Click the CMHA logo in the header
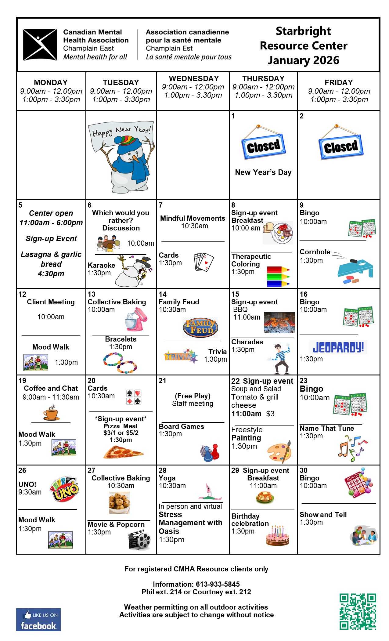tap(40, 45)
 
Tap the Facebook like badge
tap(38, 620)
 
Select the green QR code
tap(358, 611)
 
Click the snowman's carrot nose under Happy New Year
tap(135, 158)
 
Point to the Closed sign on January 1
tap(264, 147)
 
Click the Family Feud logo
tap(200, 327)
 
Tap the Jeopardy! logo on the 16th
tap(338, 347)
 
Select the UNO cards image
tap(65, 489)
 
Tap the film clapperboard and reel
tap(140, 540)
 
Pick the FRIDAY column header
tap(339, 82)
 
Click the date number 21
tap(162, 381)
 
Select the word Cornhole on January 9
tap(315, 252)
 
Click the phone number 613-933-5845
tap(218, 584)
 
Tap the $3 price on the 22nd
tap(270, 414)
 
